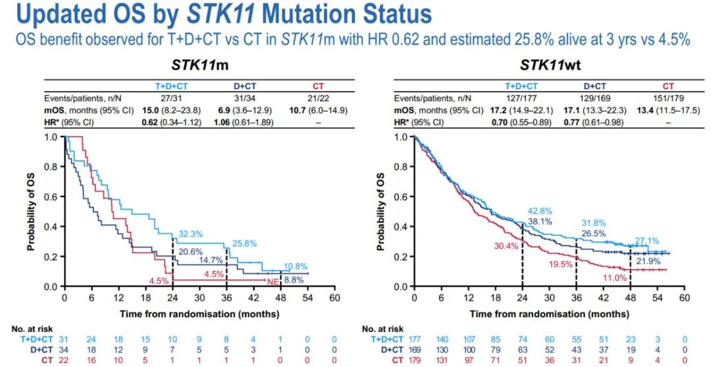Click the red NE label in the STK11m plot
[273, 281]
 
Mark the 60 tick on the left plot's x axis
[335, 298]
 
